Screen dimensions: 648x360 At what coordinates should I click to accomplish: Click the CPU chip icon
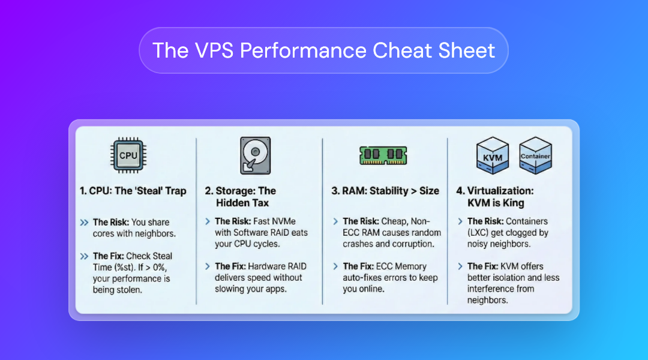(128, 155)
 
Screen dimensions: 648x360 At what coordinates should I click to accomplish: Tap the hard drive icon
(256, 155)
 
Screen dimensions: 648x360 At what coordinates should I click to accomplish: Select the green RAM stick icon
(383, 155)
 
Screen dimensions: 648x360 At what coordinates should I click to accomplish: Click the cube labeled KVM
(492, 155)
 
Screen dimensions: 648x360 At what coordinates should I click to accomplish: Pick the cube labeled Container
(536, 155)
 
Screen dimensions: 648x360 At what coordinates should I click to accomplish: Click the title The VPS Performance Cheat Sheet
(323, 50)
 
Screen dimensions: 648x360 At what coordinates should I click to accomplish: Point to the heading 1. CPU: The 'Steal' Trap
(133, 191)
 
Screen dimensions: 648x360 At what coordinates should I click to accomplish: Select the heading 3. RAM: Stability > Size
(385, 191)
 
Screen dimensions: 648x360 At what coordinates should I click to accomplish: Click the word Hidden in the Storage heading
(231, 203)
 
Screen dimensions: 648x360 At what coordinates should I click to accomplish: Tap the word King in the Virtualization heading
(514, 203)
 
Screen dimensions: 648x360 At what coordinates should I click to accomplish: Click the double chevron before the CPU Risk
(85, 223)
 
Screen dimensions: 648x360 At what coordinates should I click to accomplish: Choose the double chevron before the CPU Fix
(85, 256)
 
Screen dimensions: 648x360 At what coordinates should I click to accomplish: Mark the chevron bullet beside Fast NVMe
(208, 221)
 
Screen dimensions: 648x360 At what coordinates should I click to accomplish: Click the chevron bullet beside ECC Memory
(335, 266)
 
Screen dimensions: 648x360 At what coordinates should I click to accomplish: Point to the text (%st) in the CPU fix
(124, 268)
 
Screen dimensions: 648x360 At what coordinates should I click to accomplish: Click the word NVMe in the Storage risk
(285, 221)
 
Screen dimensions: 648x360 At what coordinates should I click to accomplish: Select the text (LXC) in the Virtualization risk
(478, 233)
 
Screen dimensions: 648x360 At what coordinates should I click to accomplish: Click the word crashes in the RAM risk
(358, 244)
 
